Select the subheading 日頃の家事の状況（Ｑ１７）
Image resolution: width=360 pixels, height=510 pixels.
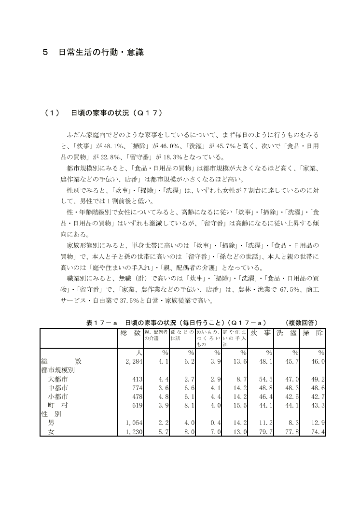pyautogui.click(x=116, y=113)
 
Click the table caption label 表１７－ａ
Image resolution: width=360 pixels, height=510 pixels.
pyautogui.click(x=102, y=323)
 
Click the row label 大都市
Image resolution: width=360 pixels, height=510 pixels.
pyautogui.click(x=57, y=380)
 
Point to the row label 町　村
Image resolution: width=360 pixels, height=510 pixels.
pyautogui.click(x=57, y=405)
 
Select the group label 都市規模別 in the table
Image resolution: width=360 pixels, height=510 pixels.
pyautogui.click(x=60, y=370)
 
